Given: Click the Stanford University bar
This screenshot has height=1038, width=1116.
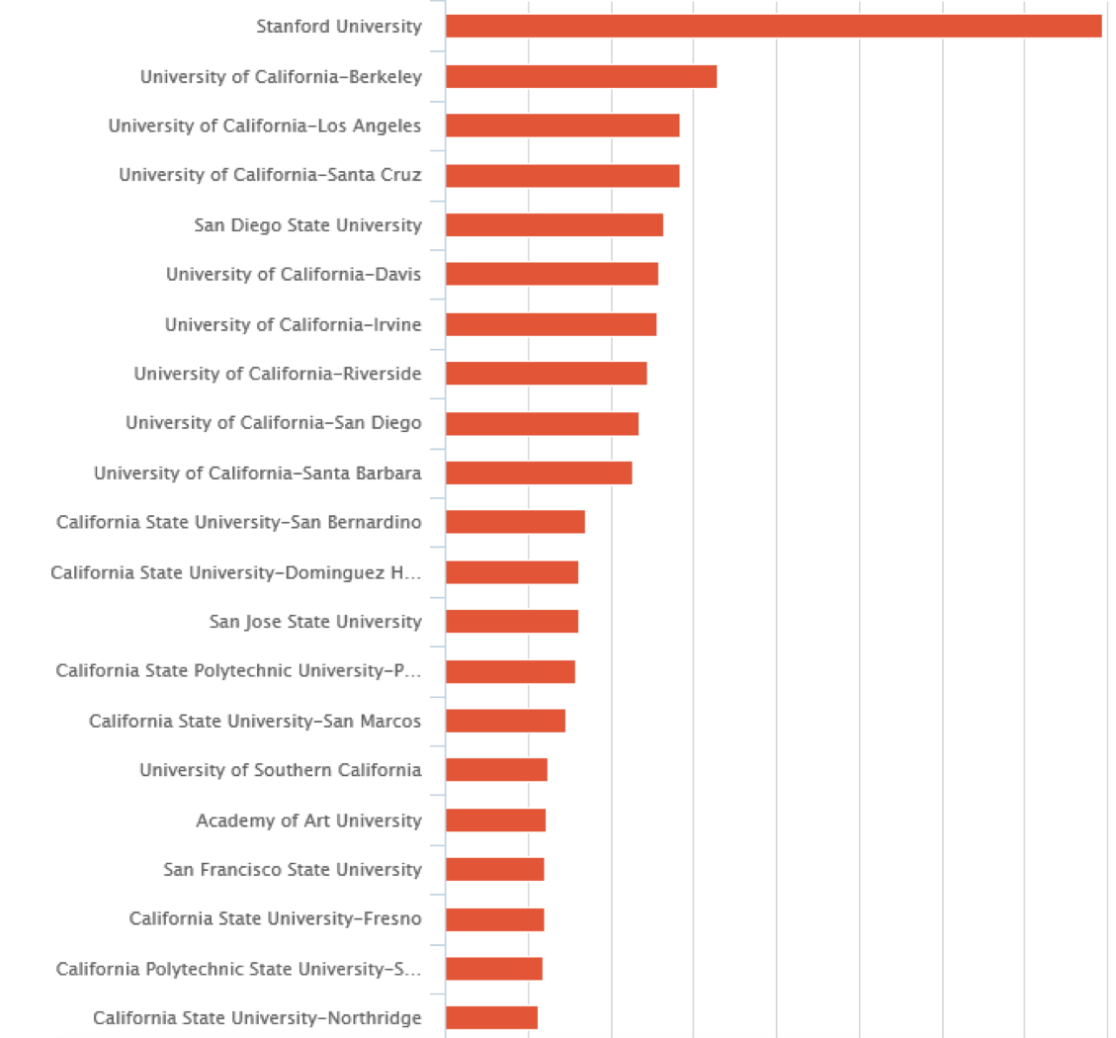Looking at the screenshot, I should pyautogui.click(x=773, y=27).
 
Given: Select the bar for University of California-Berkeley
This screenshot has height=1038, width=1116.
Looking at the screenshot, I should pyautogui.click(x=581, y=76).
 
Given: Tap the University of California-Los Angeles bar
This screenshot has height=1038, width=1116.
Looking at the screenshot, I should pyautogui.click(x=562, y=126).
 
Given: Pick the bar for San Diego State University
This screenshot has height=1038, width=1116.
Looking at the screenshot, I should pyautogui.click(x=555, y=224).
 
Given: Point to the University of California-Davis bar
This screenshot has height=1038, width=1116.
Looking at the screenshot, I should pyautogui.click(x=552, y=274).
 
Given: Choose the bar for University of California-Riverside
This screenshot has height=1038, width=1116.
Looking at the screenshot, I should pyautogui.click(x=546, y=374).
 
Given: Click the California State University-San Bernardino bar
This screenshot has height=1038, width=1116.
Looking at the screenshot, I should pyautogui.click(x=515, y=522).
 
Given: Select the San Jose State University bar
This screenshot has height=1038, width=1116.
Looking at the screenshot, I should pyautogui.click(x=512, y=622).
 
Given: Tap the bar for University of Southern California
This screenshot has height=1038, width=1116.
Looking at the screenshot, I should pyautogui.click(x=496, y=770).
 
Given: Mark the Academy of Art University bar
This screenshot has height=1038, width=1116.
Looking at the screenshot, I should pyautogui.click(x=495, y=821).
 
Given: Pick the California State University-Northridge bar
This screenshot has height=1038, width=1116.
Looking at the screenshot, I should pyautogui.click(x=491, y=1018).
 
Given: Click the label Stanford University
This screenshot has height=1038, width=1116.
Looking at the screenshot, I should pyautogui.click(x=338, y=27).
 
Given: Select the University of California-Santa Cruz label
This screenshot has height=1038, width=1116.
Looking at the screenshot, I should pyautogui.click(x=270, y=175).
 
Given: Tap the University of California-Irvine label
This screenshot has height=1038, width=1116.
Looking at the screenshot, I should pyautogui.click(x=293, y=324).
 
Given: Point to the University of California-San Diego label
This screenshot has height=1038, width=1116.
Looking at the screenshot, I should pyautogui.click(x=273, y=423).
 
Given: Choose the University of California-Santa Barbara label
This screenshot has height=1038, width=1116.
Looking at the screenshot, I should pyautogui.click(x=257, y=473).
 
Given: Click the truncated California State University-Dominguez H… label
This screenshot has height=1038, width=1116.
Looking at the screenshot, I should pyautogui.click(x=235, y=572).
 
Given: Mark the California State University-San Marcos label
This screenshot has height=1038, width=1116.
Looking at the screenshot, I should pyautogui.click(x=255, y=721).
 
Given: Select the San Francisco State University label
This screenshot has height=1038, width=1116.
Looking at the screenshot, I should pyautogui.click(x=292, y=870).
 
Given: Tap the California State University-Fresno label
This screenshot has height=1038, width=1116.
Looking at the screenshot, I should pyautogui.click(x=275, y=919).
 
